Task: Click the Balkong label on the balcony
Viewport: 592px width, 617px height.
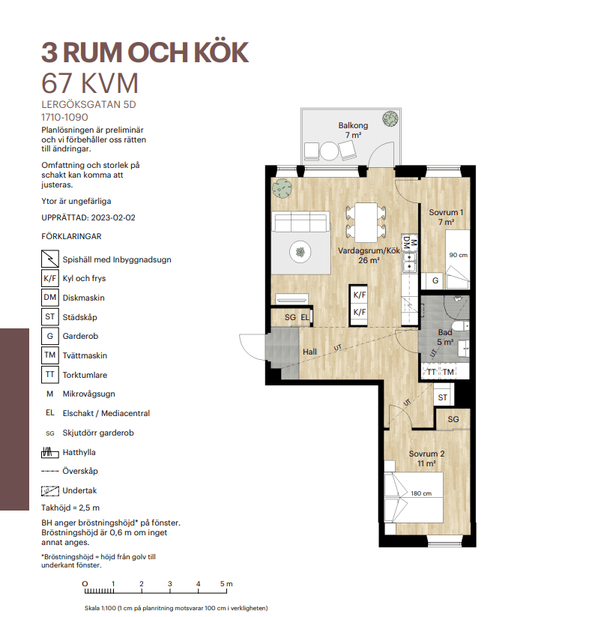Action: (x=353, y=125)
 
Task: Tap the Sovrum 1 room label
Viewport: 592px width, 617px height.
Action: (x=446, y=212)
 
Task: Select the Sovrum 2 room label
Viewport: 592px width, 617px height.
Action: (x=426, y=454)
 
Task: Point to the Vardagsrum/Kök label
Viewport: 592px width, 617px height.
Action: (x=369, y=250)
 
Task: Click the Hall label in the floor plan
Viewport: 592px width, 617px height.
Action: (x=309, y=352)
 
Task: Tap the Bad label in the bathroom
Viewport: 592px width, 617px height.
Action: (x=445, y=333)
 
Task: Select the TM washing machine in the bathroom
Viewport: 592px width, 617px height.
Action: (x=449, y=372)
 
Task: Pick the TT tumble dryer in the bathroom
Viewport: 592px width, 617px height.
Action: (x=432, y=372)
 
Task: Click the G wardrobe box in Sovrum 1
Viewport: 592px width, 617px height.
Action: (x=435, y=280)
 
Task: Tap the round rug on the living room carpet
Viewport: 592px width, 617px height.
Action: (x=300, y=252)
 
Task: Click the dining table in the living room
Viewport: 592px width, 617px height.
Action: (x=366, y=223)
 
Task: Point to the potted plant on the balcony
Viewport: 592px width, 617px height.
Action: (x=390, y=118)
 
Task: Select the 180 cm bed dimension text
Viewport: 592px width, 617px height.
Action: (x=421, y=493)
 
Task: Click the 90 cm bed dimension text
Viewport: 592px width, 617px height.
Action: (x=459, y=255)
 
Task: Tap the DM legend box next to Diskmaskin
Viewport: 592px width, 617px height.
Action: (x=50, y=298)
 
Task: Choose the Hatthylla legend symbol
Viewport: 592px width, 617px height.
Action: (x=50, y=453)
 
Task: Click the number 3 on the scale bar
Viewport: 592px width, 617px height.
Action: (x=170, y=584)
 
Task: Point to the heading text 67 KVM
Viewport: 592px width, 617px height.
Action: (x=90, y=83)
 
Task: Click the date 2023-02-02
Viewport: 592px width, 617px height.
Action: (x=113, y=218)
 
